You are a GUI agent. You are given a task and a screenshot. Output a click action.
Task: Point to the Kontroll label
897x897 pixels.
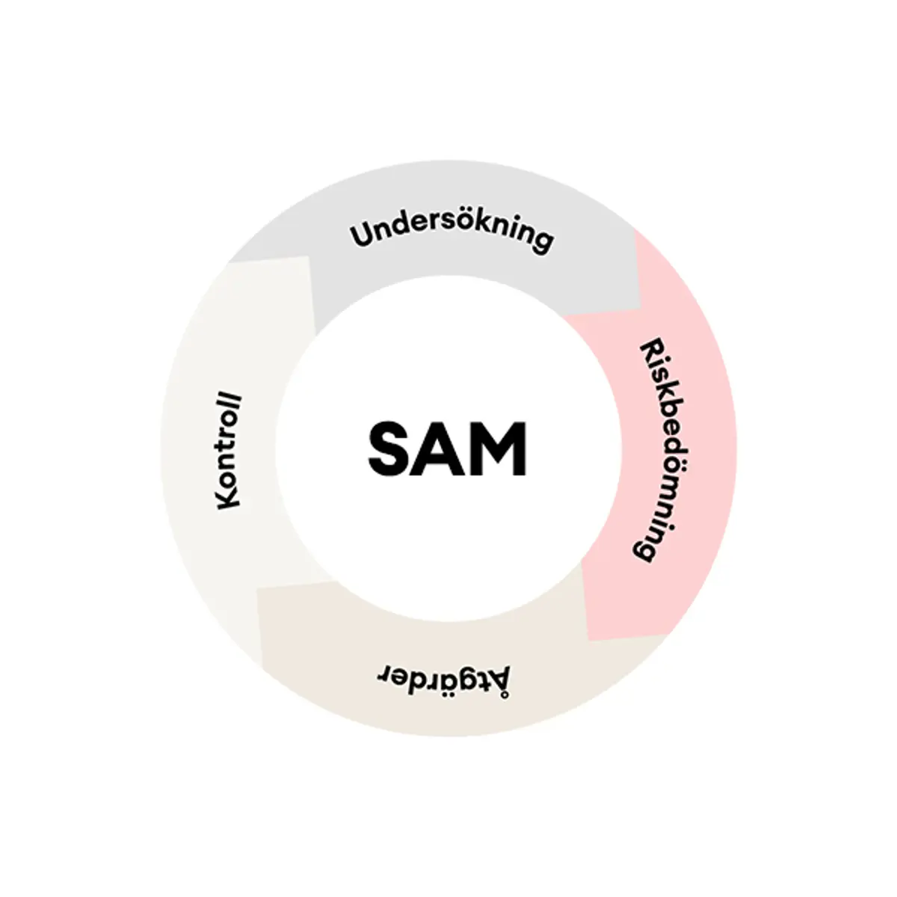pyautogui.click(x=229, y=452)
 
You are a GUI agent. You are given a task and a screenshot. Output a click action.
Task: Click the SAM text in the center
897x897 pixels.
pyautogui.click(x=447, y=449)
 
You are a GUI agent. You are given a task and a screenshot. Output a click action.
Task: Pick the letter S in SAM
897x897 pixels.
pyautogui.click(x=390, y=449)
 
